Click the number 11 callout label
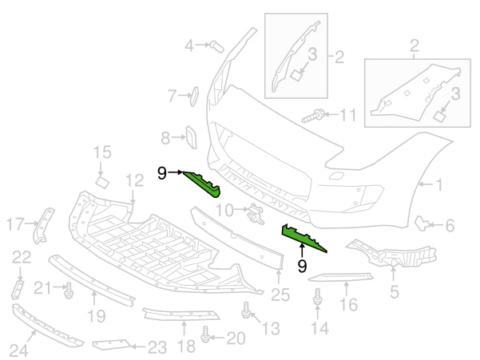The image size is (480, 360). tap(347, 115)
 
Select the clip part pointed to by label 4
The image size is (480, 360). tap(216, 45)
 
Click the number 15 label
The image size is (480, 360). tap(102, 152)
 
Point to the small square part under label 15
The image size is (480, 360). tap(102, 182)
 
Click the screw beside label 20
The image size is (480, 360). tap(207, 338)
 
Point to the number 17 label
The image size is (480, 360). tap(15, 224)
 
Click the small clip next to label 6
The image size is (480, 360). tap(421, 223)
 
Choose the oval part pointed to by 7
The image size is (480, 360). tap(192, 97)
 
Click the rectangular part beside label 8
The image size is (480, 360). tap(192, 137)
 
